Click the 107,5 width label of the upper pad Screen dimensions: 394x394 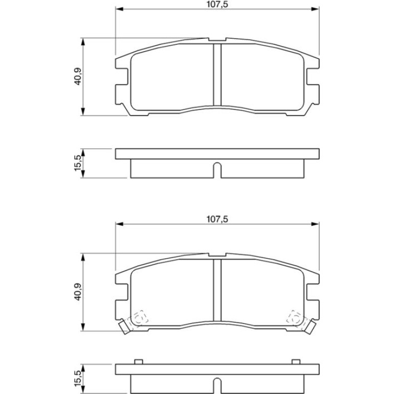click(217, 4)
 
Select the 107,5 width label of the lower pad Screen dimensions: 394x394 click(217, 220)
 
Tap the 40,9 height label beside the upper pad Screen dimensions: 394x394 click(78, 77)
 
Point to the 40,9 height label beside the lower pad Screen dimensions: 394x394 click(78, 292)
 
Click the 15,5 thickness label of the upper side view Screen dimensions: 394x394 click(78, 163)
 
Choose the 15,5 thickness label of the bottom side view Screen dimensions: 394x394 click(78, 379)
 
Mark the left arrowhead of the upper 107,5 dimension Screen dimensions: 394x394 click(119, 9)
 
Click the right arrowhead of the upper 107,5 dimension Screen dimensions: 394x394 click(315, 9)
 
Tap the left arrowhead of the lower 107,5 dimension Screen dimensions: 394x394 click(119, 224)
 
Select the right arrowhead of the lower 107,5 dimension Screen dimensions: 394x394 click(315, 224)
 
